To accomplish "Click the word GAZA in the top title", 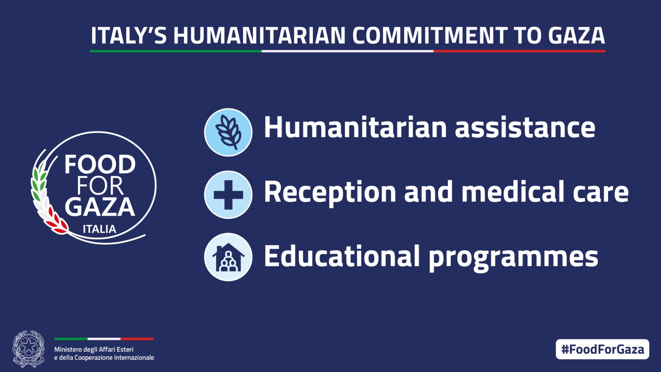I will [576, 36].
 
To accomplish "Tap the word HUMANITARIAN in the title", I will [259, 36].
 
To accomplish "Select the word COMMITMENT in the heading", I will [430, 36].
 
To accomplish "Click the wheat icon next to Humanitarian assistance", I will [228, 132].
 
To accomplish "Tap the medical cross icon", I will [228, 195].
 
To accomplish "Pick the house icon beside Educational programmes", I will [228, 257].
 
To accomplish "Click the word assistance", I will [525, 127].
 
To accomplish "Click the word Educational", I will [342, 256].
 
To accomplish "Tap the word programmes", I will [513, 258].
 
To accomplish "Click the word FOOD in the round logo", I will [100, 165].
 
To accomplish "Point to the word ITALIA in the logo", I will [99, 229].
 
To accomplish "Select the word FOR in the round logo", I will [100, 186].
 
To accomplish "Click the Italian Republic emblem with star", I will [28, 349].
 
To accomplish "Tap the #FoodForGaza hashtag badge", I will [602, 349].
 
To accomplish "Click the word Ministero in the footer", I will [68, 349].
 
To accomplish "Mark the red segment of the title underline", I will [519, 51].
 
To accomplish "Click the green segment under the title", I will [176, 51].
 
